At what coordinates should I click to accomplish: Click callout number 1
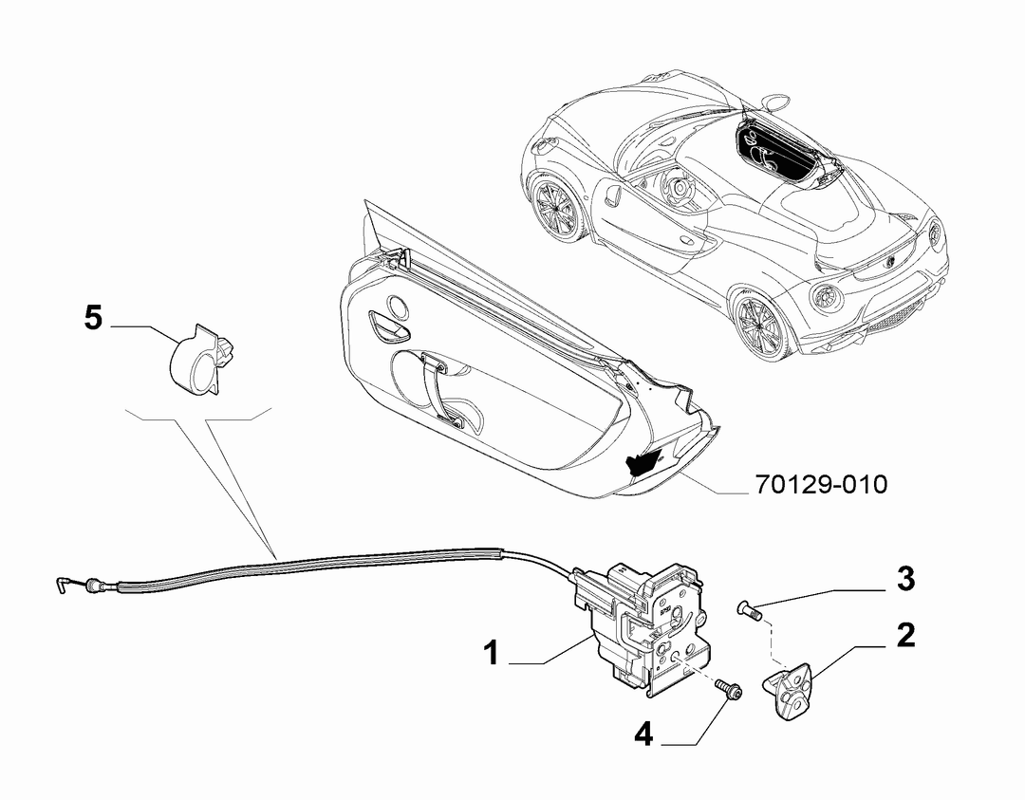492,653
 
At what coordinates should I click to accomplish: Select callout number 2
905,635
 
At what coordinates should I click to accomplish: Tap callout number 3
905,579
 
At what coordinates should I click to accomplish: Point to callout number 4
643,735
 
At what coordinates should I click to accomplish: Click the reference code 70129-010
822,484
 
